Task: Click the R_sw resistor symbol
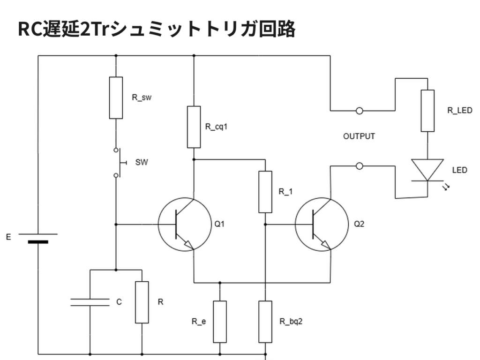tap(116, 97)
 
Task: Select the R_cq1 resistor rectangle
tap(194, 127)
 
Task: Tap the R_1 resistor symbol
tap(265, 192)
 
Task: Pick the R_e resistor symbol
tap(220, 322)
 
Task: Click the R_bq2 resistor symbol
tap(265, 322)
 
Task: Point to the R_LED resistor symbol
tap(427, 111)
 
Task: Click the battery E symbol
tap(37, 238)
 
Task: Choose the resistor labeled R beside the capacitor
tap(142, 302)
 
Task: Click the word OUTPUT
tap(359, 137)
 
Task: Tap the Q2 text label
tap(359, 224)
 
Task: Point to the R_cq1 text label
tap(217, 127)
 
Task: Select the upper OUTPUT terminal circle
tap(360, 111)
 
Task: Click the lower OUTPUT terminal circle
tap(360, 166)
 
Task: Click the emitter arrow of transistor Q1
tap(188, 244)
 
